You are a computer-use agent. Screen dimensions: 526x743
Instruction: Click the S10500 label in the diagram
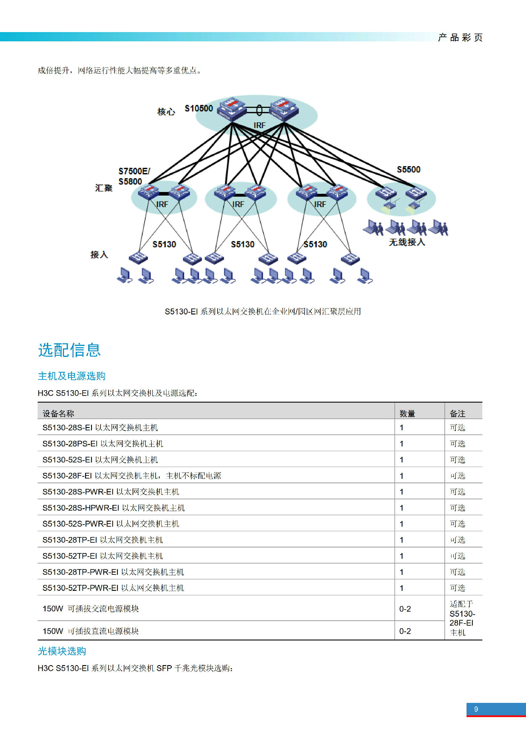198,108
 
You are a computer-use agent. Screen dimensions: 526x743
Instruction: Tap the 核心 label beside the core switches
166,112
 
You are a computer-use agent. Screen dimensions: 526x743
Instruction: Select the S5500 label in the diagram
408,169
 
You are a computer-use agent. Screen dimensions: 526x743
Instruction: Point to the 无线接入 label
407,242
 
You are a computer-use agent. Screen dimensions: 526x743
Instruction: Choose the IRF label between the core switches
259,125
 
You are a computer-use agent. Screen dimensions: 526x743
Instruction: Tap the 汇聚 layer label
104,188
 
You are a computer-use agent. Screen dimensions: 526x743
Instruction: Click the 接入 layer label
99,255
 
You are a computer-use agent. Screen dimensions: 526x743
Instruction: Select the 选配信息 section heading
70,350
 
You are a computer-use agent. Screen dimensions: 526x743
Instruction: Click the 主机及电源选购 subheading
72,376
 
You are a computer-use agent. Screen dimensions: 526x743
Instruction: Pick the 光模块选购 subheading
62,651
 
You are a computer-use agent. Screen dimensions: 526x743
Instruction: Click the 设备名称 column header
58,414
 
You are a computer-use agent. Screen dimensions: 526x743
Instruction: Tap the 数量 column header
407,414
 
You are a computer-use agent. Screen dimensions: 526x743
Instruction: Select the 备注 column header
457,414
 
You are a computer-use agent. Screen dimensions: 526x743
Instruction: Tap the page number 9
476,709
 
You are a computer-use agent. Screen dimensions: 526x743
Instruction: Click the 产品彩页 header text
460,37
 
